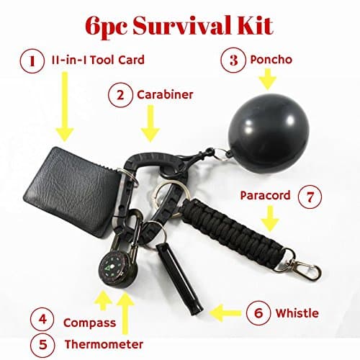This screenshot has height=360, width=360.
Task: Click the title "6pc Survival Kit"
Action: [x=179, y=26]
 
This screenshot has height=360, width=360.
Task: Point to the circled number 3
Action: [x=234, y=60]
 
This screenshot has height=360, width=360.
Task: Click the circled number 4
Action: [x=43, y=318]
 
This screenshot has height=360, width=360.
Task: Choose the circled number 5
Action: [x=43, y=343]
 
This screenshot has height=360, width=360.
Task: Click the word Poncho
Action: [x=272, y=60]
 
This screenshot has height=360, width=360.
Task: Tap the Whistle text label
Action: [x=296, y=314]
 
